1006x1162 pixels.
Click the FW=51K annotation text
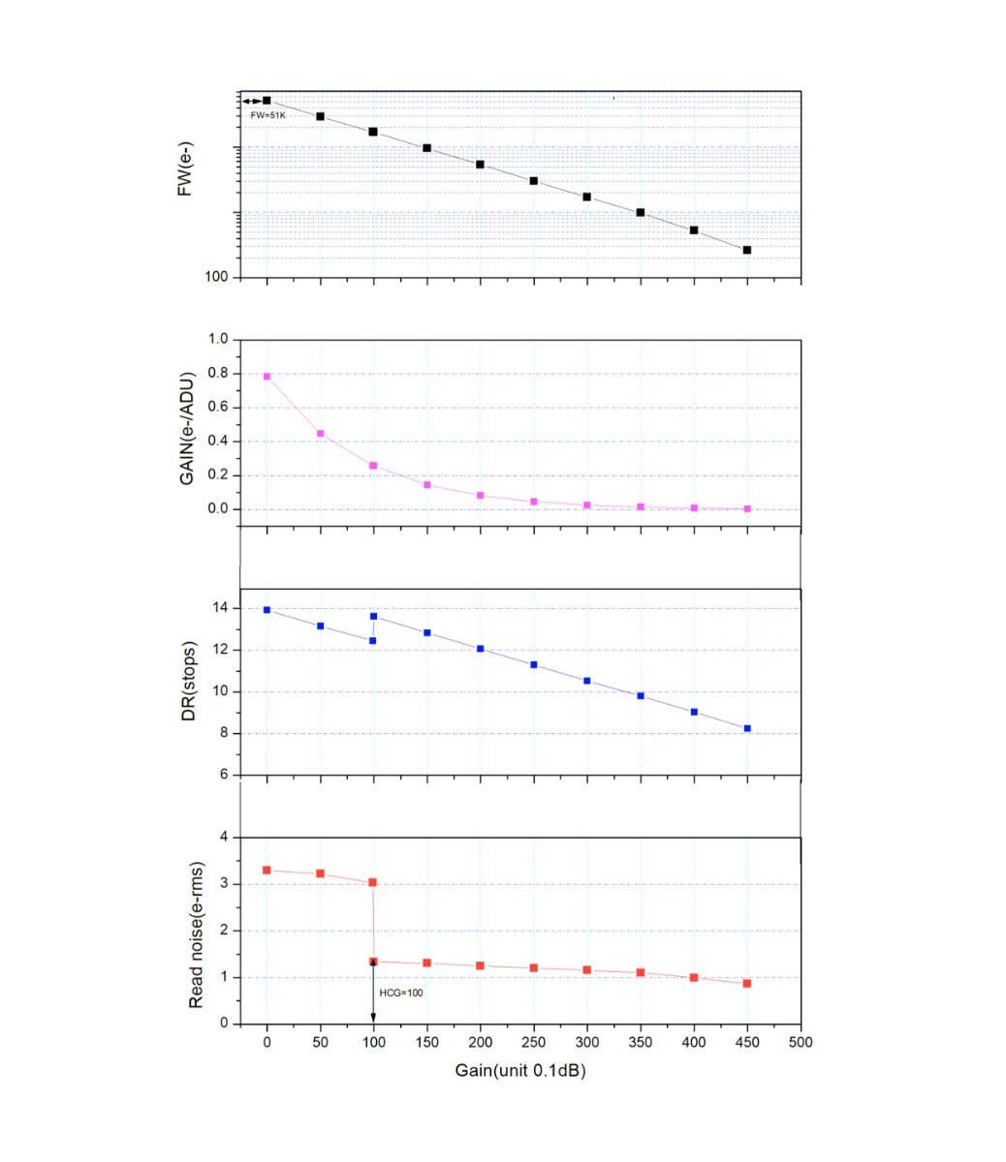point(267,115)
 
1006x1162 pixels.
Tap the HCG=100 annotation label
point(400,993)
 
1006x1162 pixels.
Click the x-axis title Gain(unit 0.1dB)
point(520,1071)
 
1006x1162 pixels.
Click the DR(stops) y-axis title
point(190,681)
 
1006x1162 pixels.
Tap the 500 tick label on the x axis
point(801,1043)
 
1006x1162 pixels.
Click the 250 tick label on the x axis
point(533,1043)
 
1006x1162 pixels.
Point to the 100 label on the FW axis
point(216,277)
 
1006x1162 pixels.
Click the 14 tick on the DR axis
point(219,608)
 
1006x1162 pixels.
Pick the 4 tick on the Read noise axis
point(223,837)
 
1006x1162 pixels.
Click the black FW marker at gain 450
point(747,250)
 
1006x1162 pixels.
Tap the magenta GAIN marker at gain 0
point(267,377)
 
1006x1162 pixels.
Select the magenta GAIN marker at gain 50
point(321,434)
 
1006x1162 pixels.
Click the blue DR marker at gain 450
point(747,728)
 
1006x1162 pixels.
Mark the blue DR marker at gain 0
point(267,610)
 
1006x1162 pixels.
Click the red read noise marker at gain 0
point(267,870)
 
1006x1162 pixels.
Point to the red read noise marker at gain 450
point(747,983)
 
